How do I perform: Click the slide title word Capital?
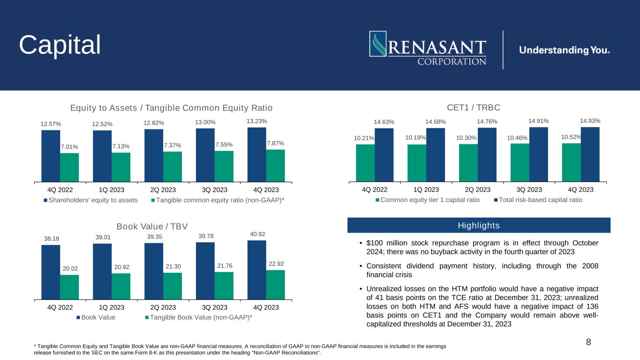[60, 45]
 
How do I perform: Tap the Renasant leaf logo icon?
[378, 44]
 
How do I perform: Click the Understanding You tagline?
[565, 50]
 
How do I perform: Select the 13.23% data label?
[256, 121]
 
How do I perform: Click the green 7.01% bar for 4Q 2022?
[69, 167]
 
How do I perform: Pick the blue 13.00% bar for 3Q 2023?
[205, 155]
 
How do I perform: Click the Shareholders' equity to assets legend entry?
[90, 200]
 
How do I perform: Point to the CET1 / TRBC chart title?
[474, 107]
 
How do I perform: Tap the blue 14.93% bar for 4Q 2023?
[590, 154]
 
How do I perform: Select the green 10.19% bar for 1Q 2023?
[417, 163]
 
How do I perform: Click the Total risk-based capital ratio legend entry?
[538, 200]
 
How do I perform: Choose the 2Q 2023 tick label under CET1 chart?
[477, 189]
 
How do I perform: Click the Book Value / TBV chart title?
[152, 226]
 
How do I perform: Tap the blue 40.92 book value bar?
[256, 270]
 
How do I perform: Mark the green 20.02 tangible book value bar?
[69, 287]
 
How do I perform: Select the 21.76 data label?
[225, 266]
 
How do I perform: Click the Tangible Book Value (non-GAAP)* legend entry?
[199, 317]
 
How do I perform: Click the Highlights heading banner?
[479, 225]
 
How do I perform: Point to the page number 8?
[588, 342]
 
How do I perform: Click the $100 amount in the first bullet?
[375, 243]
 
